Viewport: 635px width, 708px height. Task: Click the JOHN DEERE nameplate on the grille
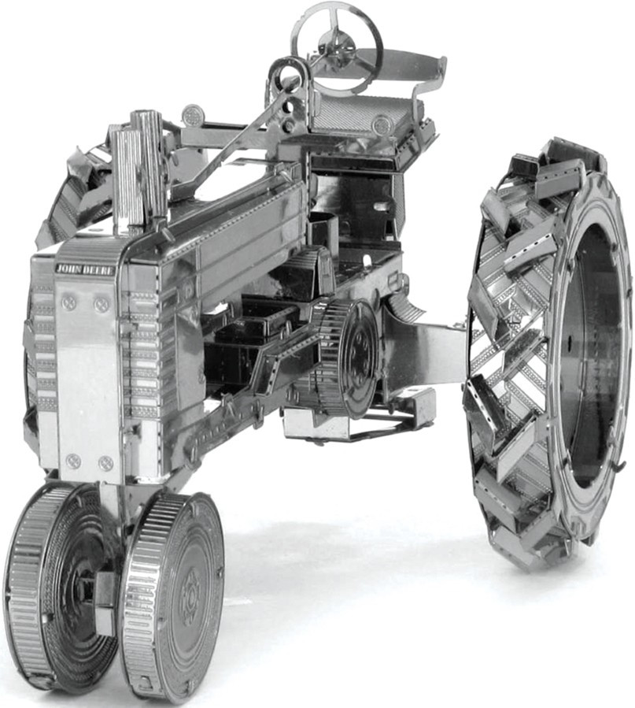click(x=85, y=269)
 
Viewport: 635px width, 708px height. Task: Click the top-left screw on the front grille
click(x=69, y=301)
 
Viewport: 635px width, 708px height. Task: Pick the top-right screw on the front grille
click(x=102, y=302)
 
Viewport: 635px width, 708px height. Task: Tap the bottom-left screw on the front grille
click(x=72, y=461)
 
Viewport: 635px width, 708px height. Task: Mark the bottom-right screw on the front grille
click(x=105, y=462)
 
